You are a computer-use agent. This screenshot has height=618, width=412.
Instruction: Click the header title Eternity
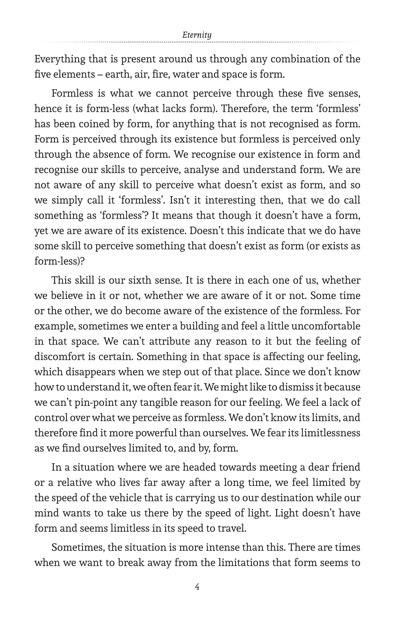197,35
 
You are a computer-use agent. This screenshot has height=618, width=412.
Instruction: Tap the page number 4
197,587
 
